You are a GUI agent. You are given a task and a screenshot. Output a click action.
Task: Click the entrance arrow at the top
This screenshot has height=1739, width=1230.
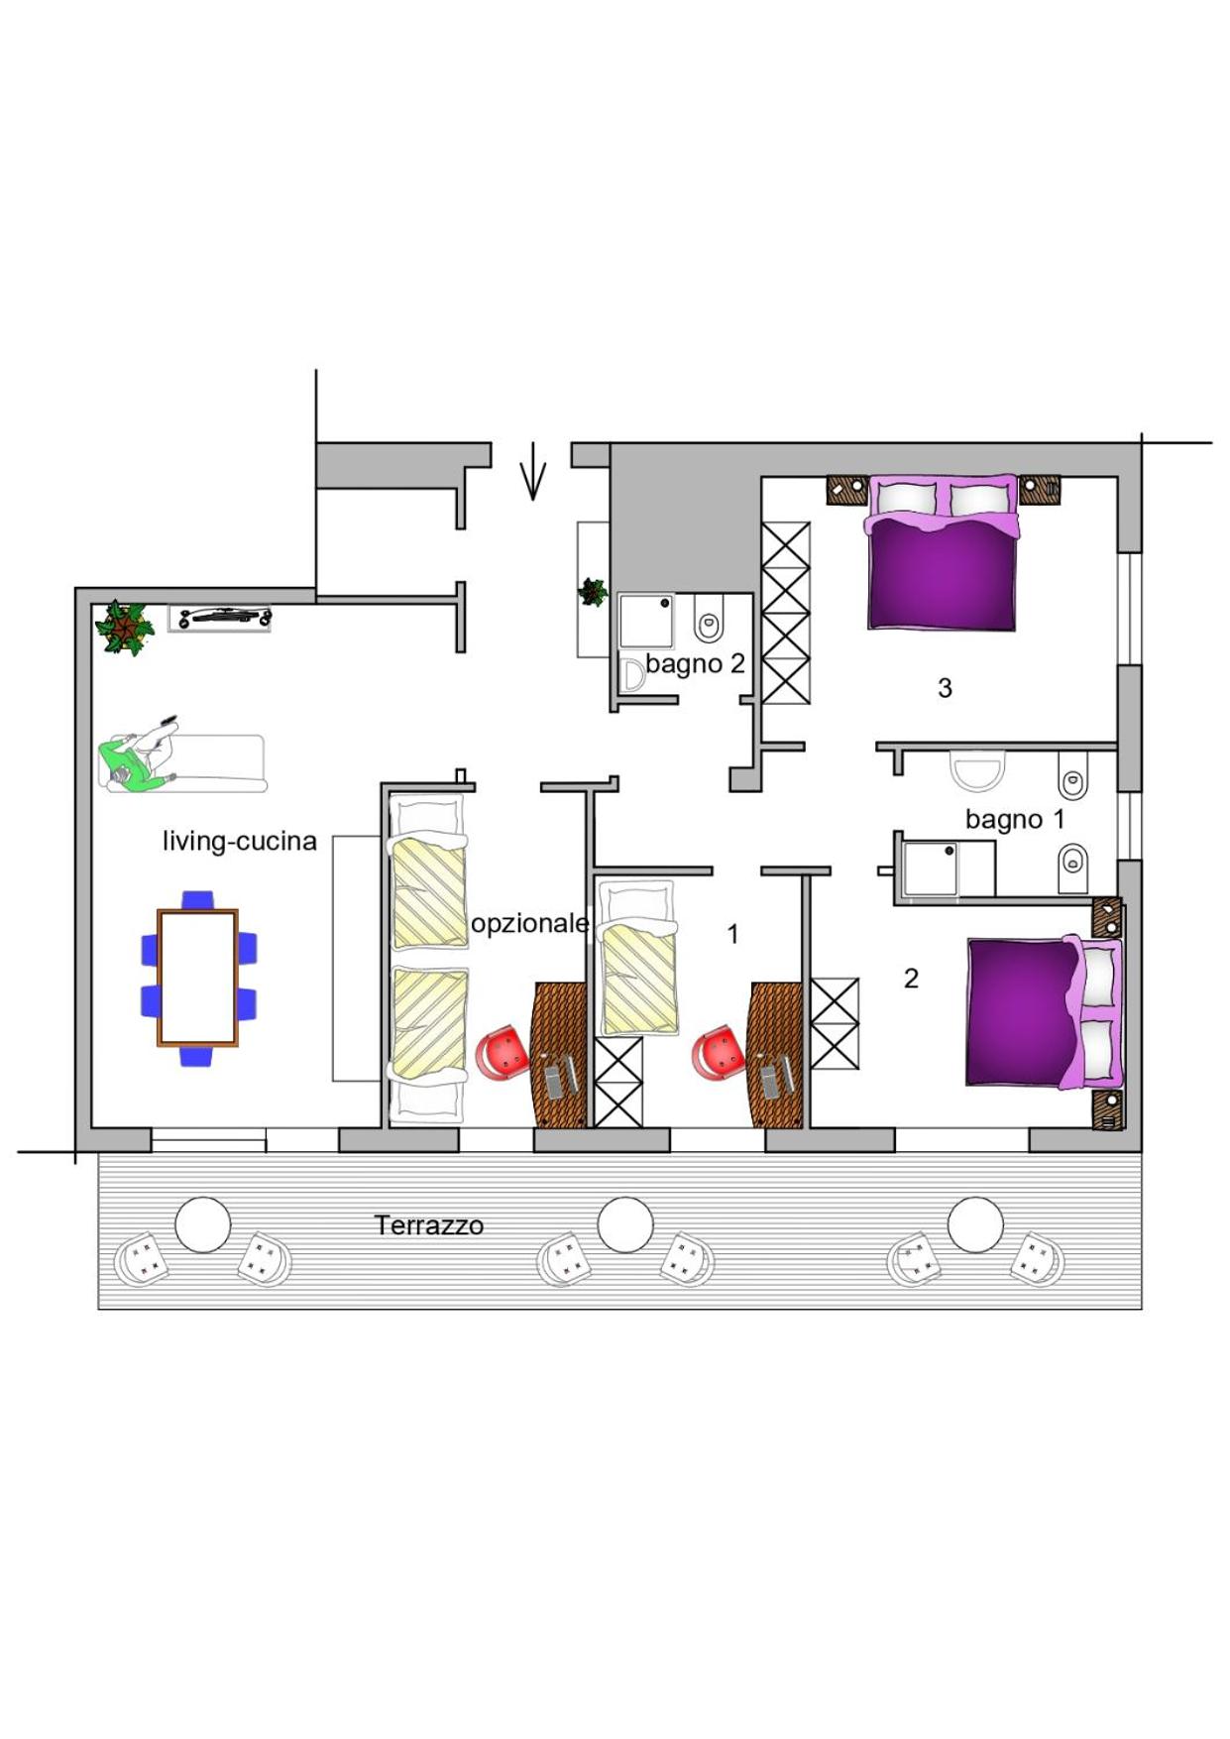point(533,471)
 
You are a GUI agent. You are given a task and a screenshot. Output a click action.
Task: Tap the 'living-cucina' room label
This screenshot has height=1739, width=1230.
point(240,842)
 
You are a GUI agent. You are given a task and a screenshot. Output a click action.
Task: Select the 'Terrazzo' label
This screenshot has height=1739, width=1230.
point(429,1225)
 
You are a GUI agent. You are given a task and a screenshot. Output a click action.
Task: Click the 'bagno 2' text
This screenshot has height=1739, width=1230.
point(695,663)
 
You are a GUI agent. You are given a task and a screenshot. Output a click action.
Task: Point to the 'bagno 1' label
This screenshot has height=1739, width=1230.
point(1015,820)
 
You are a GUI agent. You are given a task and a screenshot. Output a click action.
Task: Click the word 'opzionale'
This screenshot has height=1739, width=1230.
point(530,924)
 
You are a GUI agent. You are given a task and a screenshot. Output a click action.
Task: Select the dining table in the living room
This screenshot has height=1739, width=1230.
point(198,978)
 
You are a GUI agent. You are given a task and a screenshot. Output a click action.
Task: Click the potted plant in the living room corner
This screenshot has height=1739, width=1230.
point(124,628)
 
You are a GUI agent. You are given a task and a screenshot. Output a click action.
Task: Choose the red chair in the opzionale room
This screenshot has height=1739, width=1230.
point(503,1053)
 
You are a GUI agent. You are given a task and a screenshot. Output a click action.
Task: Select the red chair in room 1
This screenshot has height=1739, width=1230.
point(720,1053)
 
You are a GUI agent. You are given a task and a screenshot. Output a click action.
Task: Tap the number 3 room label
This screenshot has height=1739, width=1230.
point(945,688)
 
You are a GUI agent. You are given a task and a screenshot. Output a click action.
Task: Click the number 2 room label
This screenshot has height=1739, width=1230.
point(912,979)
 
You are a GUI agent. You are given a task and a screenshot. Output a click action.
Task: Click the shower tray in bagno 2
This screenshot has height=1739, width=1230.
point(646,621)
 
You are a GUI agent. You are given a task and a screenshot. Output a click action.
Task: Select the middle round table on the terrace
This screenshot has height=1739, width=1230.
point(625,1224)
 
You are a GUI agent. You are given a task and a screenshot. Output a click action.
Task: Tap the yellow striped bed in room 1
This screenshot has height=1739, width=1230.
point(640,960)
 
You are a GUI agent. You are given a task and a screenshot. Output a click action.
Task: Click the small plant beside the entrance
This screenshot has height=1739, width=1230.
point(593,592)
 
